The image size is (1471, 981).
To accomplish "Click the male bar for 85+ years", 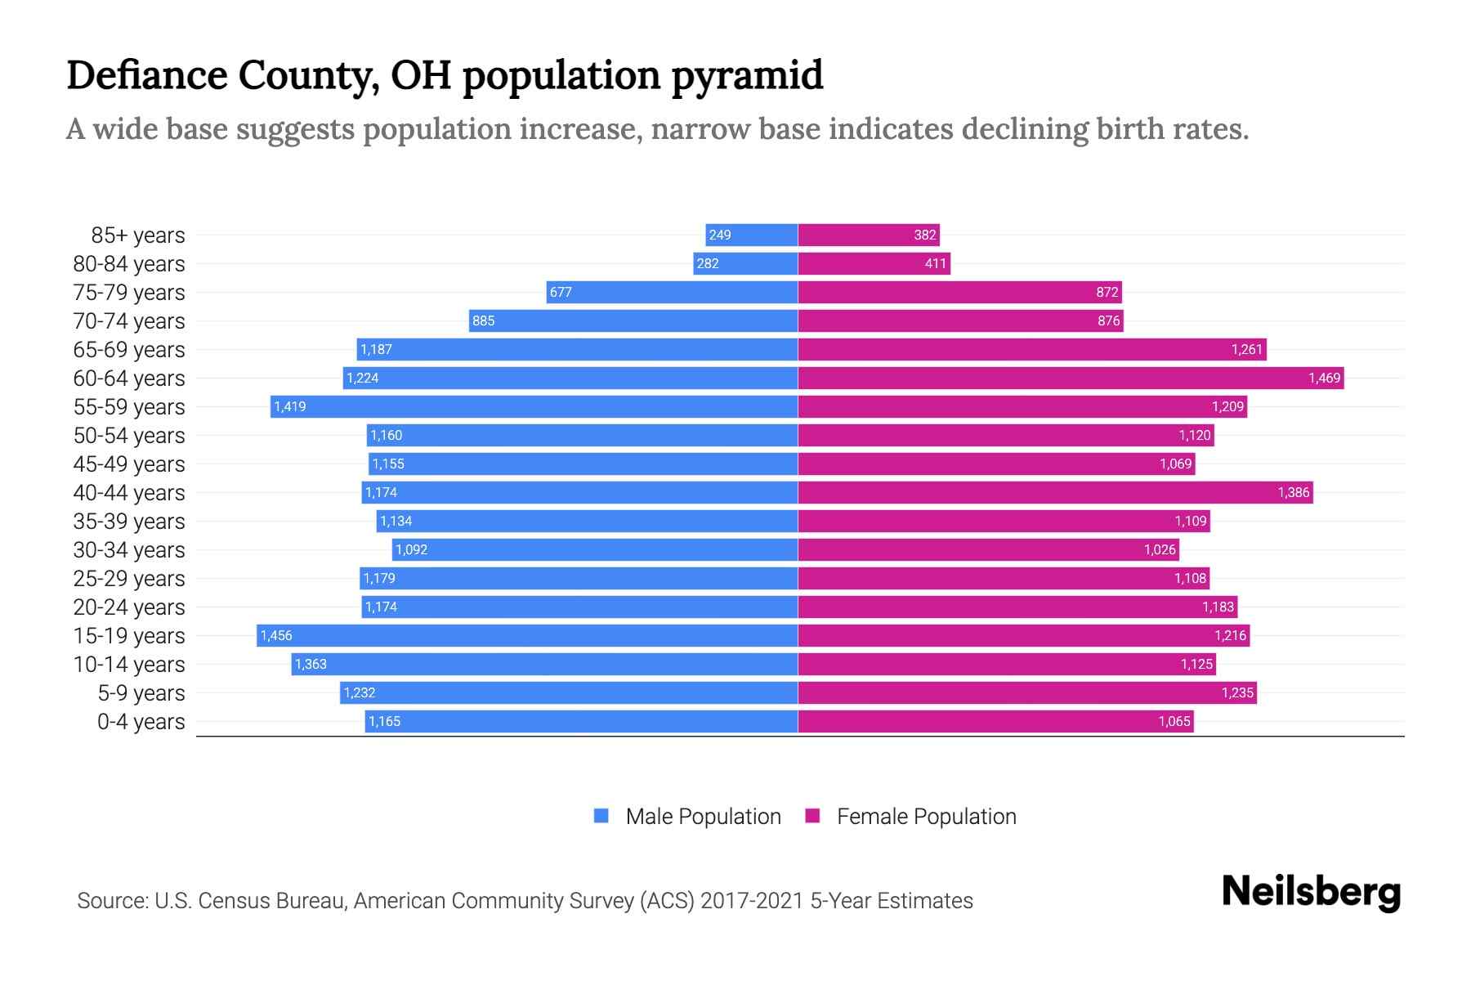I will (x=752, y=235).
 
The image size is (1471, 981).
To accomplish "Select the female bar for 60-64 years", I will (x=1071, y=378).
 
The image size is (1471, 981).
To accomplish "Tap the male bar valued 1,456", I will (x=527, y=635).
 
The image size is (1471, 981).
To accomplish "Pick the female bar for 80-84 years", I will (x=874, y=263).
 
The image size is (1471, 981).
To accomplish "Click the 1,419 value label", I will (x=290, y=406).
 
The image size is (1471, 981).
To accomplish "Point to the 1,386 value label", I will (x=1294, y=492).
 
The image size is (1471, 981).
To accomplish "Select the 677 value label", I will (x=561, y=292).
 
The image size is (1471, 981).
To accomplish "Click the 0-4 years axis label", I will (x=141, y=721).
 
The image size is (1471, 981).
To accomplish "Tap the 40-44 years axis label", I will (x=129, y=492).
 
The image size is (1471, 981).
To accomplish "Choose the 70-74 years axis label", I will (x=129, y=320).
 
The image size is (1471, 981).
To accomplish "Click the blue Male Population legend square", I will (x=601, y=816).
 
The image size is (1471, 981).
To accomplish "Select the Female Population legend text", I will (x=926, y=816).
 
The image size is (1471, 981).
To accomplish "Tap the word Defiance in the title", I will (x=146, y=75).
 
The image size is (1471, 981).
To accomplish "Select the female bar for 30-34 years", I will (x=988, y=549).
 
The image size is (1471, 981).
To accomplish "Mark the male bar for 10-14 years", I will (x=544, y=664).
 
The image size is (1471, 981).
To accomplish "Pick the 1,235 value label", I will (x=1237, y=692).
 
